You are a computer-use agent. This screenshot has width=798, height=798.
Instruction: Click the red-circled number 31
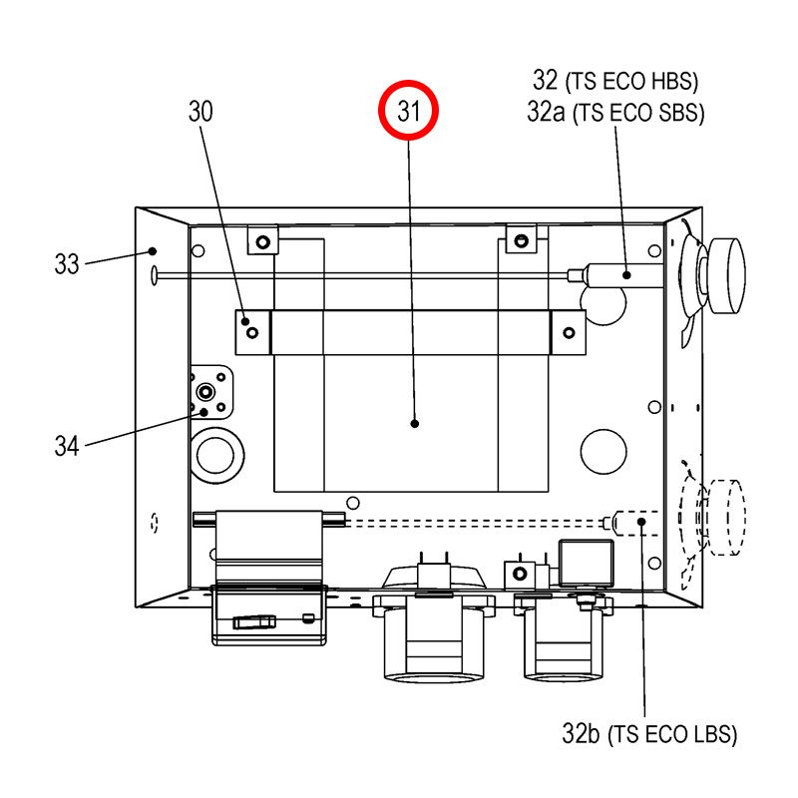click(x=408, y=111)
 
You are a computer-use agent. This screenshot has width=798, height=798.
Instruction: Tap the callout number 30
click(x=200, y=111)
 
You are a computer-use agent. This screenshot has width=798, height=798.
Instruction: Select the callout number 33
click(x=67, y=264)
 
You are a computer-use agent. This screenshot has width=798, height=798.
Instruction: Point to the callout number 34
click(x=67, y=446)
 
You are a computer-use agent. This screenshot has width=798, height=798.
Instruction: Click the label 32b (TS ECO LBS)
click(x=649, y=734)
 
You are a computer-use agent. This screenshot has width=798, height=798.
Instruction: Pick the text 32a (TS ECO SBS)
click(x=615, y=112)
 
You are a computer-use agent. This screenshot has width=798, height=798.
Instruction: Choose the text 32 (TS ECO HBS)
click(x=615, y=81)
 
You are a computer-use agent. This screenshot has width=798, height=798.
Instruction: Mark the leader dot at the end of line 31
click(x=415, y=423)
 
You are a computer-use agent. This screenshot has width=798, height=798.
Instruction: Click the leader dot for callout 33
click(x=153, y=251)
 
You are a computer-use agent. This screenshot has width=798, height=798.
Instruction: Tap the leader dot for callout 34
click(x=204, y=412)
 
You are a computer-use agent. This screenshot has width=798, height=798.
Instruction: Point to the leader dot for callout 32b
click(x=641, y=522)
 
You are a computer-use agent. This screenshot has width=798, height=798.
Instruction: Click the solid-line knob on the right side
click(x=727, y=275)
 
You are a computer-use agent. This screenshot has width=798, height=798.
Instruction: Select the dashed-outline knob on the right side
click(x=727, y=517)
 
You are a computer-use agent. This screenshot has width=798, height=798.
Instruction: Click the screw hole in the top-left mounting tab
click(x=263, y=241)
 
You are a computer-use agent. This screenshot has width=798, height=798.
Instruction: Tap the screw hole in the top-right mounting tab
click(x=521, y=240)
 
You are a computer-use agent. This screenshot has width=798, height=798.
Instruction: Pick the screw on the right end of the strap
click(x=569, y=333)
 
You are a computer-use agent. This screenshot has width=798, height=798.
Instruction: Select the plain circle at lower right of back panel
click(x=603, y=452)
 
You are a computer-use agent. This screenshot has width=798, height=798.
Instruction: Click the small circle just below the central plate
click(x=353, y=504)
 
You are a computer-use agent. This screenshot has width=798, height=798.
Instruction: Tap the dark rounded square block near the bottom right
click(x=586, y=564)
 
